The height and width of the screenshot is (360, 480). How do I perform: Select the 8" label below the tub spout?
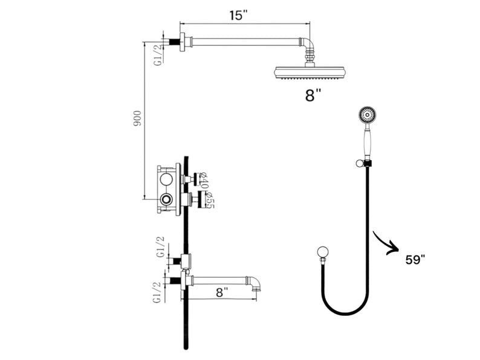tap(222, 292)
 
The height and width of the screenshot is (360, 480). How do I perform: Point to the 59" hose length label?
tap(415, 259)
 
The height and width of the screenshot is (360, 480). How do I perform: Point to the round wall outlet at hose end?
tap(322, 252)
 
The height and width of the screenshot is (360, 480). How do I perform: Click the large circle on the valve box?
tap(166, 179)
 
